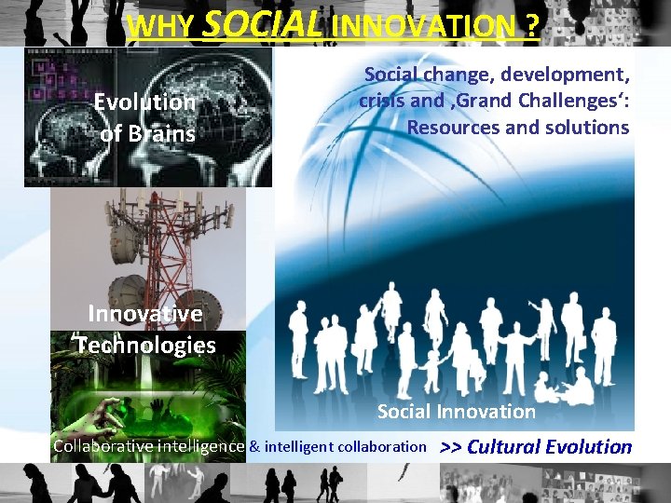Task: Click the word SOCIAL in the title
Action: tap(261, 24)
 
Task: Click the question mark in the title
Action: tap(531, 26)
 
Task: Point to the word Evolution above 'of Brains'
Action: tap(144, 102)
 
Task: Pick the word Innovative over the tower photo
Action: tap(144, 314)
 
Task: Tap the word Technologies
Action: tap(146, 346)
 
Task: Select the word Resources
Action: tap(453, 126)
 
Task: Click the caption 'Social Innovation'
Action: tap(456, 411)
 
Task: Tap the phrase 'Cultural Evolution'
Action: tap(549, 446)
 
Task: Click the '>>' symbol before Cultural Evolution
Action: tap(451, 446)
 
